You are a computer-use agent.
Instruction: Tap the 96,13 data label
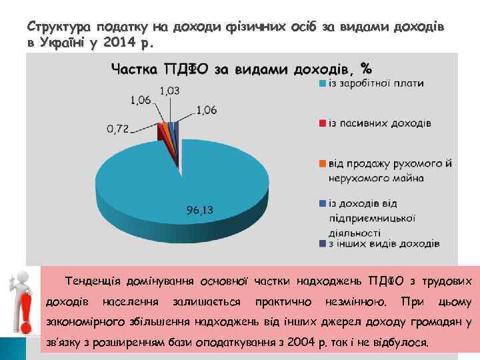(200, 211)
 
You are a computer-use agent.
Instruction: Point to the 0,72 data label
(117, 128)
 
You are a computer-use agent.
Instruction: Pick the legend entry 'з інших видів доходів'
(383, 243)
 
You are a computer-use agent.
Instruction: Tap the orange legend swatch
(323, 163)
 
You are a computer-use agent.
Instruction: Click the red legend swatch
(323, 123)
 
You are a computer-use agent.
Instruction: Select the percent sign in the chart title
(365, 69)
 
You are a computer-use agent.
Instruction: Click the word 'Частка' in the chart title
(134, 69)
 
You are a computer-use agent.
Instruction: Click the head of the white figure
(18, 277)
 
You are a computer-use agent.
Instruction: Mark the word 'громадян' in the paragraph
(437, 323)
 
